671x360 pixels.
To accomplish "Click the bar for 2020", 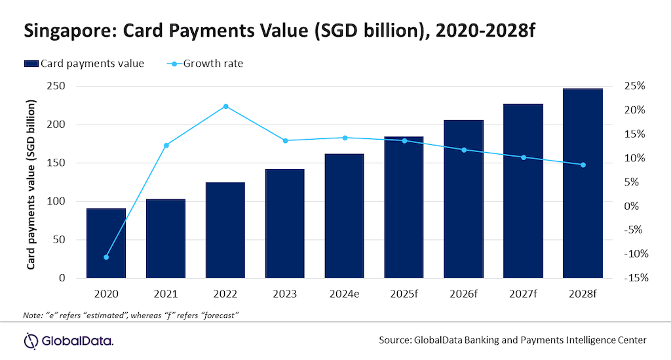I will pos(106,243).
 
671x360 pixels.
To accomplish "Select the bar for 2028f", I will pos(583,183).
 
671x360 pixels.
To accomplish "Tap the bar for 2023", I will pos(285,224).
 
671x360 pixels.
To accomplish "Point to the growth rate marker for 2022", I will pos(225,106).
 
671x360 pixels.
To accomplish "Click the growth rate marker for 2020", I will pos(106,257).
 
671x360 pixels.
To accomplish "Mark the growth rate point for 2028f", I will pos(583,165).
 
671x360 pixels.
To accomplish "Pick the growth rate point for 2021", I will pos(166,145).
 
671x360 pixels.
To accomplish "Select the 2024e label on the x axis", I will pos(344,294).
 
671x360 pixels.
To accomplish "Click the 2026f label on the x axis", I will pos(463,294).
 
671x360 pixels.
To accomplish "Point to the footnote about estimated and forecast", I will pos(130,315).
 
